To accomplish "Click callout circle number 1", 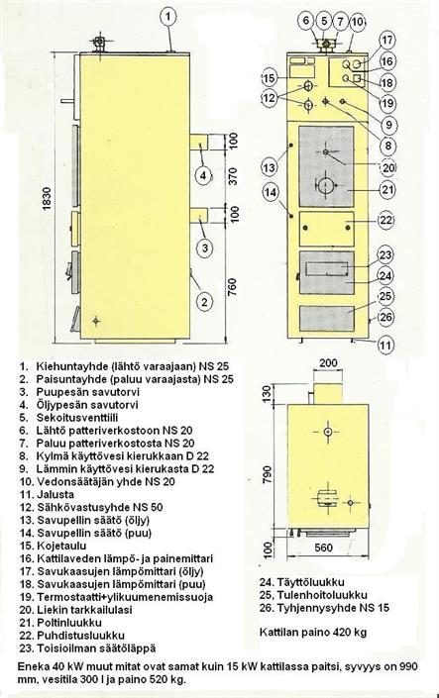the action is tap(168, 17).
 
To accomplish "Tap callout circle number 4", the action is tap(203, 175).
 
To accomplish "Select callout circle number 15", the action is tap(269, 78).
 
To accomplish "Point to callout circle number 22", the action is tap(386, 220).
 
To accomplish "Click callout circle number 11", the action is tap(386, 345).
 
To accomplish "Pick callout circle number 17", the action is tap(386, 40).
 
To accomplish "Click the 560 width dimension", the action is tap(324, 548).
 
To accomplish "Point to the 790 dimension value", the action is tap(267, 475).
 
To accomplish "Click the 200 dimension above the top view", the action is tap(328, 362).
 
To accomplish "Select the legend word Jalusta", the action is tap(55, 495).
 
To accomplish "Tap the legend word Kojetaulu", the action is tap(62, 546).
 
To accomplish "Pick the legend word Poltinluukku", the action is tap(69, 623).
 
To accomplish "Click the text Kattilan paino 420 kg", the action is tap(313, 632).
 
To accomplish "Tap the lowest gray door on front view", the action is tap(327, 318).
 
